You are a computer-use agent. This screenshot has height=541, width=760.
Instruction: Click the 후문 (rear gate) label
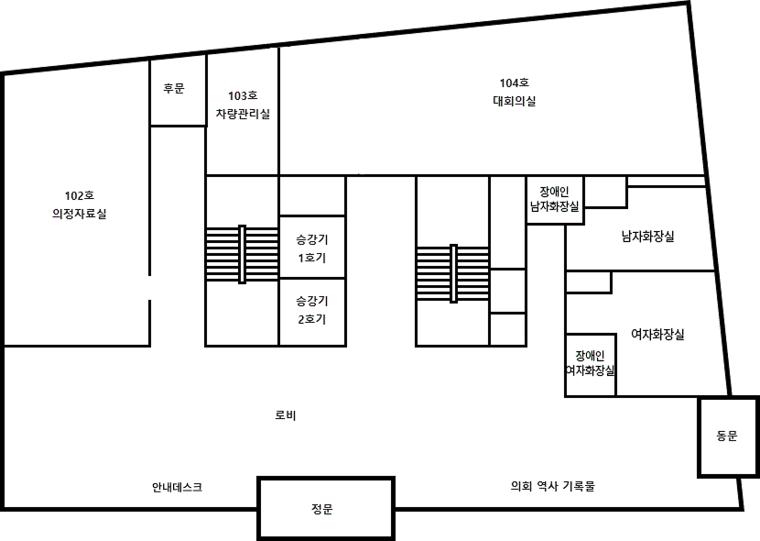174,88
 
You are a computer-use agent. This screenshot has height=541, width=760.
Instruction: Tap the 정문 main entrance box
326,509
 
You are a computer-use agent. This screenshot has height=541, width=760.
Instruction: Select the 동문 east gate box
729,436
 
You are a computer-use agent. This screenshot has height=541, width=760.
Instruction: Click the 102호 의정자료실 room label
80,204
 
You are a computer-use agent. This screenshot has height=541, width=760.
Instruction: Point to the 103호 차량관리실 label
243,105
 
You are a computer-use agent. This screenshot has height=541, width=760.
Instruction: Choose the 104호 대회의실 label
515,93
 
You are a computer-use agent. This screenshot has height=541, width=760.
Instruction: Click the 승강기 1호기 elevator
312,247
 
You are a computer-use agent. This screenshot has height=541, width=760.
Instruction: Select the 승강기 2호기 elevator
312,312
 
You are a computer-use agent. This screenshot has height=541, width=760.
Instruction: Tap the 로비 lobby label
286,415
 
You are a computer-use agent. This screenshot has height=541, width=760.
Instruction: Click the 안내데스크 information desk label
177,487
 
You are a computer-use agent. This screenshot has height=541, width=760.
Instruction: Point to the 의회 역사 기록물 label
552,486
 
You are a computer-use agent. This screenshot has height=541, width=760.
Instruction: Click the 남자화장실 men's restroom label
648,237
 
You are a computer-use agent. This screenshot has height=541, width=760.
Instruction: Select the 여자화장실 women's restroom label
657,335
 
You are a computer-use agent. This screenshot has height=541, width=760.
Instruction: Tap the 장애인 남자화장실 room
555,200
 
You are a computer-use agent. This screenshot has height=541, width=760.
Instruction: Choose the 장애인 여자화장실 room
591,365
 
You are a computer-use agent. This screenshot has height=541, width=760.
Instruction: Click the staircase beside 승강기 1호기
242,254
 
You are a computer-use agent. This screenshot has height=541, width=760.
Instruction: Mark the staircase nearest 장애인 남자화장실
452,273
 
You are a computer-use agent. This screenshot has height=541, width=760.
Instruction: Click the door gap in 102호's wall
150,288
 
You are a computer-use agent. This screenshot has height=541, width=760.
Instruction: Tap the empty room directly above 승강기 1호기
312,195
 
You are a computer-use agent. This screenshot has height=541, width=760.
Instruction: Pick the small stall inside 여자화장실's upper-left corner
589,282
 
